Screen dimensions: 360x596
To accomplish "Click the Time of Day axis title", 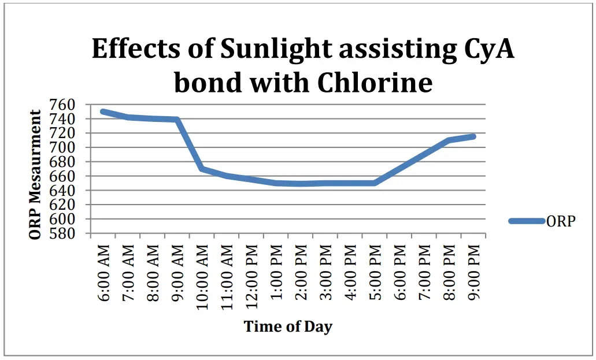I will tap(288, 326).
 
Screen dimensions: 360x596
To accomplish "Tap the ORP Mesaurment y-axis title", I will tap(36, 175).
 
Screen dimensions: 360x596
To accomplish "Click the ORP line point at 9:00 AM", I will tap(177, 120).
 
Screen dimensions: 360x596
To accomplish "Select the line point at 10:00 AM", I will tap(202, 169).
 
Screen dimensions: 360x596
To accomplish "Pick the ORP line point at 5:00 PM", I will tap(375, 183).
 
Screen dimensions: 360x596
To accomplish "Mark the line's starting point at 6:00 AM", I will tap(103, 111).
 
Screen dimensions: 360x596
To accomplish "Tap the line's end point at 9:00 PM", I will tap(473, 136).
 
